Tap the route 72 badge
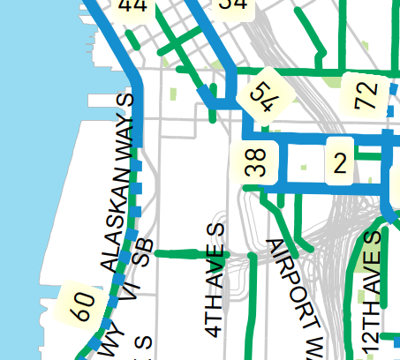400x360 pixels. click(x=366, y=93)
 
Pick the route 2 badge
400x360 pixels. click(x=339, y=161)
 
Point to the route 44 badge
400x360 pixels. click(x=132, y=7)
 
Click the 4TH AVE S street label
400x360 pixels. click(x=215, y=281)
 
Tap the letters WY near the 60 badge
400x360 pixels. click(x=113, y=342)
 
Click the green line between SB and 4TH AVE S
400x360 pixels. click(x=189, y=253)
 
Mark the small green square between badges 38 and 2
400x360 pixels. click(x=304, y=166)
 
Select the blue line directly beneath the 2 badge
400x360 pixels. click(x=339, y=188)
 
